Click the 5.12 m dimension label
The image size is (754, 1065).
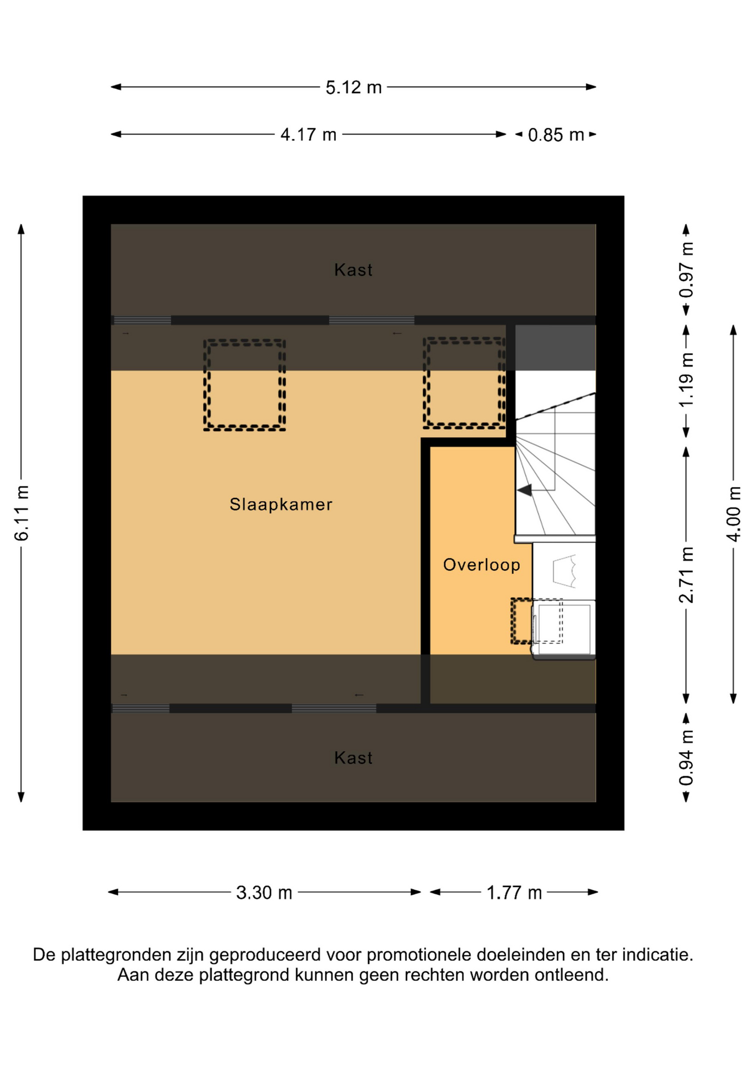click(x=354, y=88)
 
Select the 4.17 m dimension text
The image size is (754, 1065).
click(x=308, y=135)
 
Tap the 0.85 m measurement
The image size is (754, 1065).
click(x=556, y=135)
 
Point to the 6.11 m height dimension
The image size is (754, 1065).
click(x=22, y=513)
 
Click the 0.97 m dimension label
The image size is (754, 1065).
click(x=686, y=270)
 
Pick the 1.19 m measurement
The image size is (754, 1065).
click(x=686, y=379)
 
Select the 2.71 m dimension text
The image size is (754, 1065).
click(x=686, y=575)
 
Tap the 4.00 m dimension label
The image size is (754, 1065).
click(x=733, y=514)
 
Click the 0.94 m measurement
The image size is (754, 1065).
click(x=686, y=758)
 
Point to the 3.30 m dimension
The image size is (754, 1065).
click(x=264, y=892)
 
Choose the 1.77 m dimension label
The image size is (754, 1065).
click(x=514, y=892)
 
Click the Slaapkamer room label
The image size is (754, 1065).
click(x=281, y=504)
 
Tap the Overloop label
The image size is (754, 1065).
click(x=481, y=565)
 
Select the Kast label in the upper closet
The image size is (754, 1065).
click(x=353, y=270)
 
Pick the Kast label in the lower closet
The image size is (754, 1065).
click(x=353, y=758)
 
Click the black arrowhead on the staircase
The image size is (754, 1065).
click(x=525, y=490)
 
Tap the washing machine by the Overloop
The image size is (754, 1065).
click(x=564, y=629)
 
